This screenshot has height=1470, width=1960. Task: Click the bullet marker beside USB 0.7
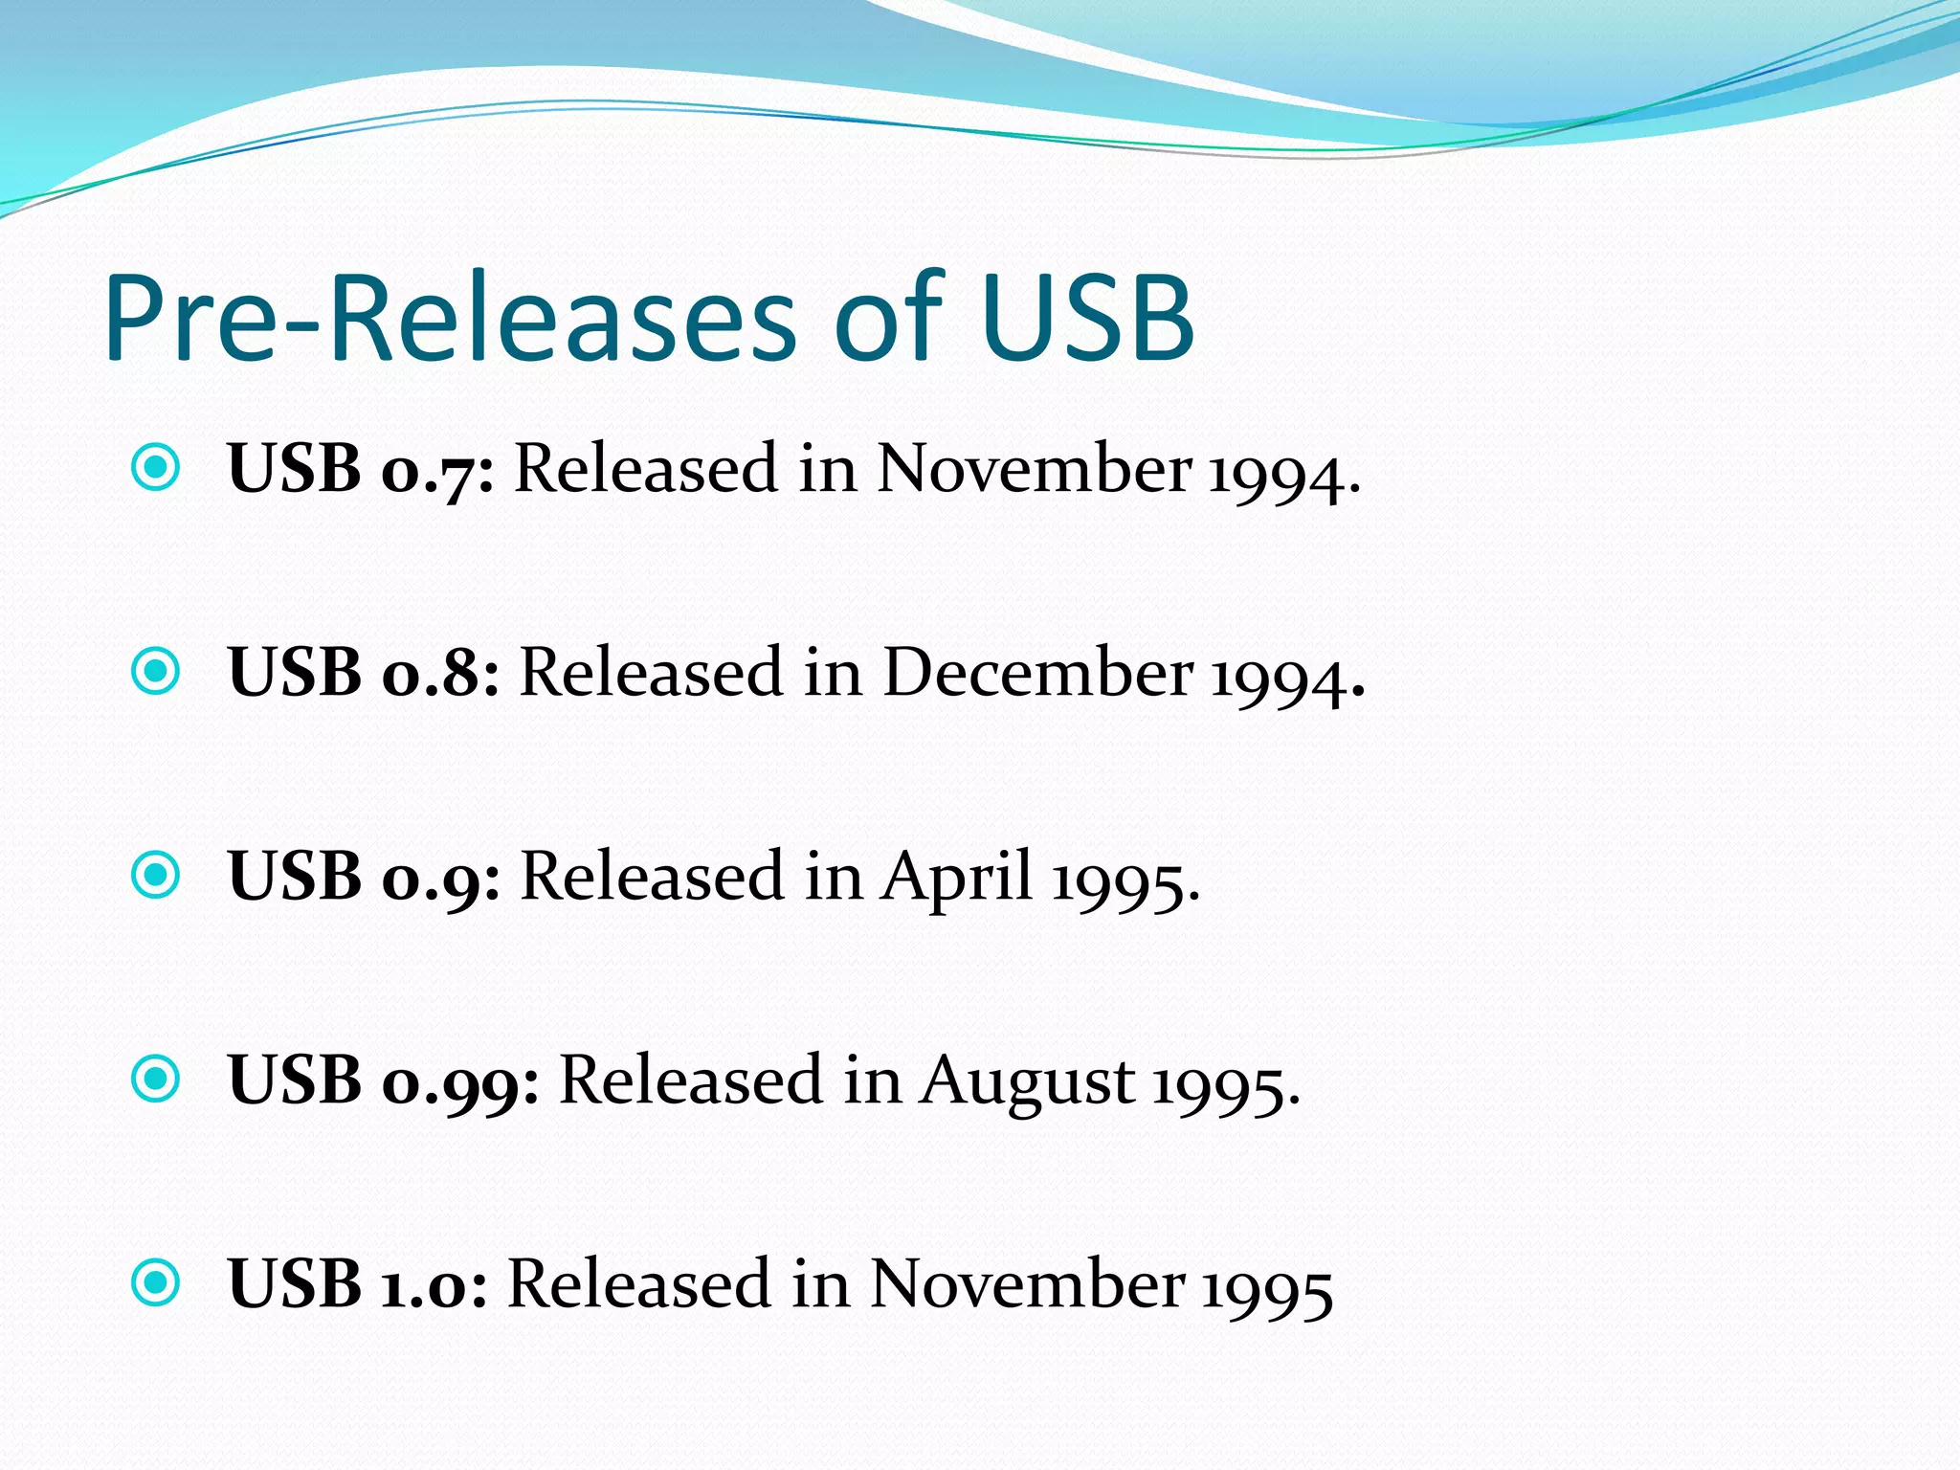click(155, 468)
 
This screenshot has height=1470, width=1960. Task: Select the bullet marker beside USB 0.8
click(155, 671)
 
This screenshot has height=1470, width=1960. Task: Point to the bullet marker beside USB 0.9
click(155, 875)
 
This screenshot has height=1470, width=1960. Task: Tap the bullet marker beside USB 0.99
click(155, 1079)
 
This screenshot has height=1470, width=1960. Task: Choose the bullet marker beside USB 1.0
click(155, 1282)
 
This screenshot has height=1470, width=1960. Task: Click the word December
click(1037, 672)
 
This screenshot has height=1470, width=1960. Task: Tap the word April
click(957, 876)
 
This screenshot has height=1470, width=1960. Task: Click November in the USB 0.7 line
click(1034, 469)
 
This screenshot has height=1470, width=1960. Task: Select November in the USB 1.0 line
click(1027, 1283)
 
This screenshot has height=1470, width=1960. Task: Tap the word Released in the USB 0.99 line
click(690, 1080)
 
